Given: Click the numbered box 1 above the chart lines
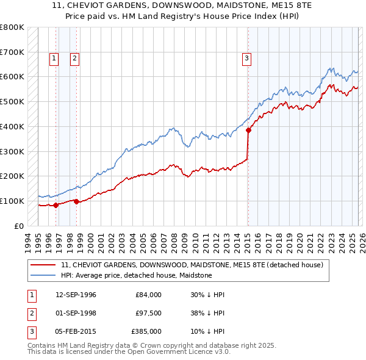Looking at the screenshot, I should [54, 59].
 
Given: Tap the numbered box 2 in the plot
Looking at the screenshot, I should [74, 59].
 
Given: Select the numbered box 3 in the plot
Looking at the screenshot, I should [246, 59].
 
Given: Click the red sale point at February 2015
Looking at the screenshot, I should [248, 130].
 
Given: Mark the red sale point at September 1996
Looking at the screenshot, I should [56, 205].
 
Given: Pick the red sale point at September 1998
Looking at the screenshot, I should [76, 201].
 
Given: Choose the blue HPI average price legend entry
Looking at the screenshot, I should [136, 275].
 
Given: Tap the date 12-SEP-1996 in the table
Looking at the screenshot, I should [76, 295].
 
